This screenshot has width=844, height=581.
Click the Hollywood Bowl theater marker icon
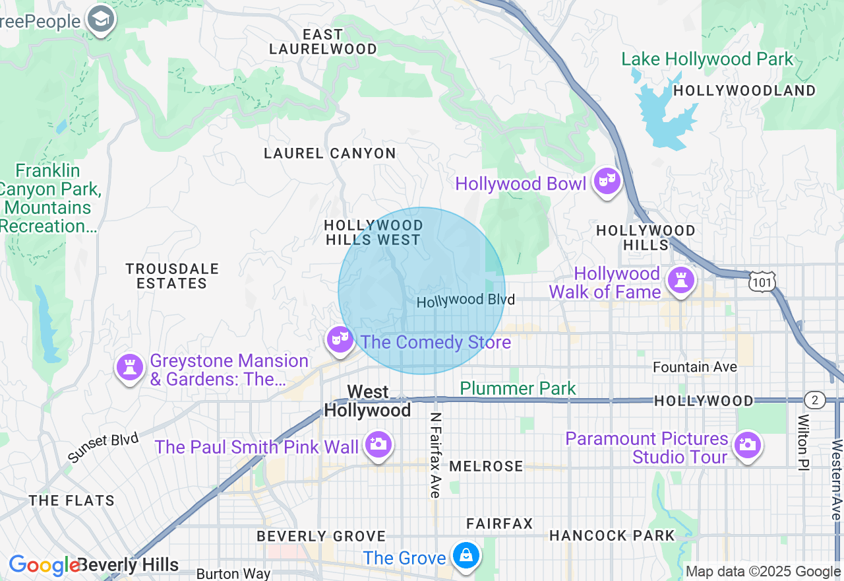(x=607, y=181)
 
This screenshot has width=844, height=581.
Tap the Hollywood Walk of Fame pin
(x=680, y=281)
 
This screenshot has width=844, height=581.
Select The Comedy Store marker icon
(x=340, y=339)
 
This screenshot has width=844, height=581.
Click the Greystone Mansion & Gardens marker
(x=130, y=366)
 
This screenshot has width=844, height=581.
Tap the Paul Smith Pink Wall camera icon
(x=378, y=444)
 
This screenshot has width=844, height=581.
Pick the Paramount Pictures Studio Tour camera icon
(x=747, y=444)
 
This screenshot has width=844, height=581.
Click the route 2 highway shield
(x=815, y=399)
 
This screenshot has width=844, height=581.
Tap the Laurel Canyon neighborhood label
(x=330, y=153)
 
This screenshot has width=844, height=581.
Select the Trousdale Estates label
(x=172, y=276)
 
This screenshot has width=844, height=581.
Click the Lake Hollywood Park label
(x=708, y=59)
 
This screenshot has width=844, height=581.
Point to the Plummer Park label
(x=518, y=388)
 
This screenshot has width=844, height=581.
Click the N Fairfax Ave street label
(x=435, y=456)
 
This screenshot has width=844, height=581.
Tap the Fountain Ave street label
(x=695, y=366)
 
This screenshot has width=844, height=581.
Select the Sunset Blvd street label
(x=104, y=448)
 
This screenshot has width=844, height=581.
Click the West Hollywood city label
(x=367, y=401)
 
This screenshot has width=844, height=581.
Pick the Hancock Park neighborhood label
(x=612, y=535)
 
